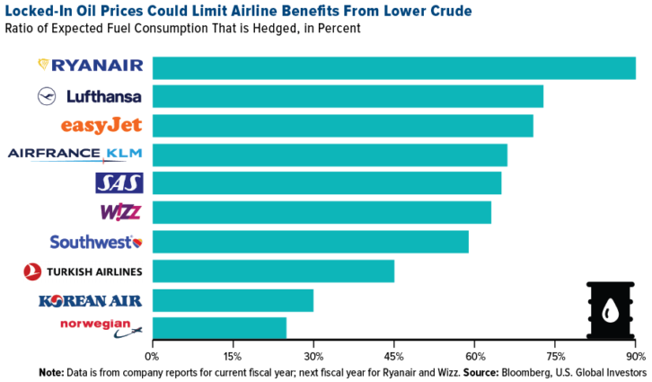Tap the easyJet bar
pos(342,125)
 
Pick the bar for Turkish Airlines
pos(273,271)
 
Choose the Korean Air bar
pos(233,299)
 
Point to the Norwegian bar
pos(219,328)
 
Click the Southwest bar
pos(310,242)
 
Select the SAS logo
pos(119,183)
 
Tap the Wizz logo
pos(121,212)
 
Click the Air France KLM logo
pos(75,154)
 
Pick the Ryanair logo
pos(91,65)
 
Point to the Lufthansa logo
pos(91,96)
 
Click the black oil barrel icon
pos(610,310)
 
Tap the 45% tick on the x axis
pos(393,356)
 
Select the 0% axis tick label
pos(154,356)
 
